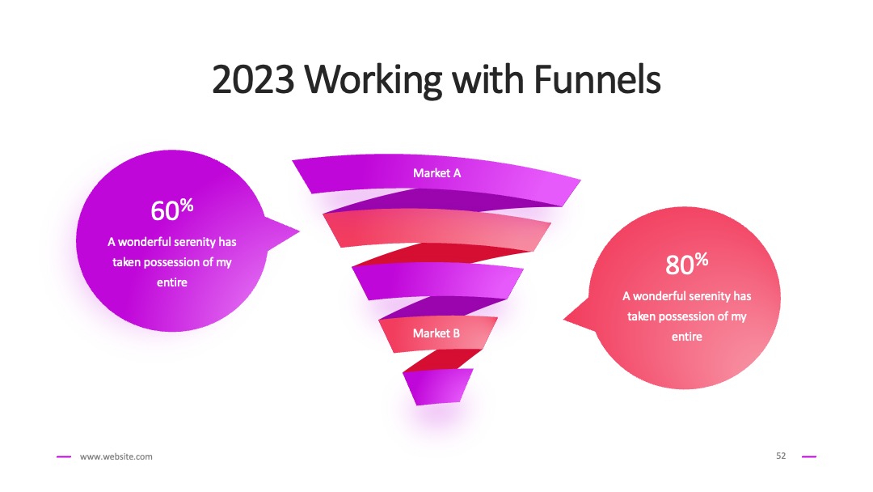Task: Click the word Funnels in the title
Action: (x=597, y=79)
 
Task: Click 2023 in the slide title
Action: (x=253, y=79)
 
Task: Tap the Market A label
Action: (x=437, y=173)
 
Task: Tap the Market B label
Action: (x=436, y=333)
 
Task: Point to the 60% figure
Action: (x=172, y=210)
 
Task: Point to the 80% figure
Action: (x=687, y=264)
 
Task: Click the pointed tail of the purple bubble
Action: (x=298, y=231)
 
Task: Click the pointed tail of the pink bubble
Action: (x=564, y=320)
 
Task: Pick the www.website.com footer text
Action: (x=116, y=456)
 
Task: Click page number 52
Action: (x=781, y=456)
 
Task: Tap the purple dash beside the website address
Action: (x=64, y=457)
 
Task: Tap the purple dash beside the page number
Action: (x=809, y=457)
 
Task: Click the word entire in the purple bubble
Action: (x=172, y=282)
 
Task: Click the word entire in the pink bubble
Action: (x=687, y=337)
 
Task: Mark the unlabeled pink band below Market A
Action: (x=437, y=228)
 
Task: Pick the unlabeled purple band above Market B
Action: (x=437, y=281)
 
